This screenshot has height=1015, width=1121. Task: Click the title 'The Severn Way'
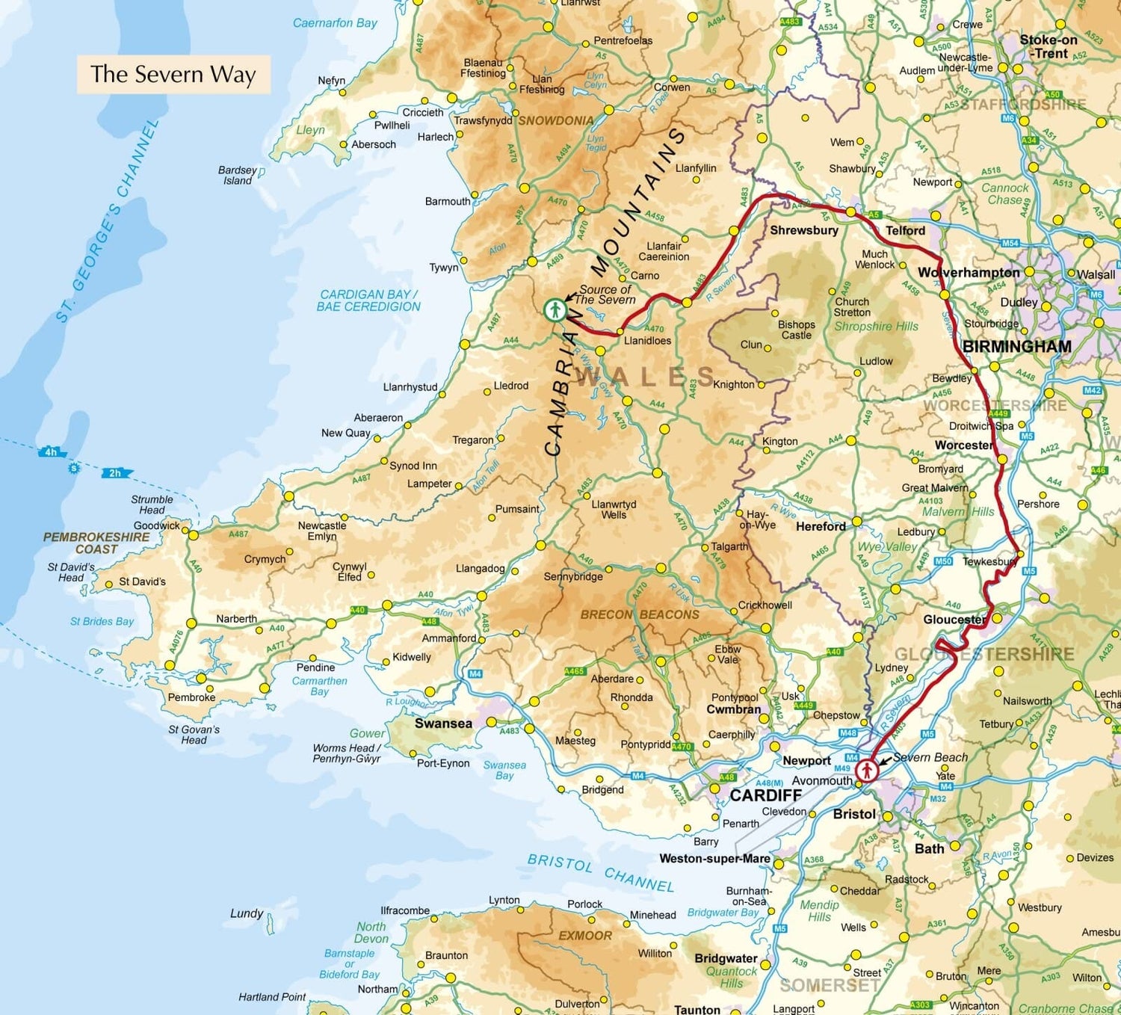(173, 74)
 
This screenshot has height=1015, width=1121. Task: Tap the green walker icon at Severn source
(555, 309)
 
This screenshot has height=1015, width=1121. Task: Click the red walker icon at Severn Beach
(866, 769)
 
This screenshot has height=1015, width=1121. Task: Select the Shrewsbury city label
(804, 230)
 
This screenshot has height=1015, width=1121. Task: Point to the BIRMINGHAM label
(1016, 347)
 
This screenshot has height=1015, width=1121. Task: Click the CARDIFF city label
(766, 795)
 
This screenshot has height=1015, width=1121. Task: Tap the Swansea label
(443, 724)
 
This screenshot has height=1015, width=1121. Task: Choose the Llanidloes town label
(647, 341)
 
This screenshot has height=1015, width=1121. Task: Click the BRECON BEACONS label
(640, 614)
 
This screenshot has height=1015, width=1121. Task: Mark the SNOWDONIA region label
(556, 120)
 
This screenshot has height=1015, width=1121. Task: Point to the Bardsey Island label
(237, 176)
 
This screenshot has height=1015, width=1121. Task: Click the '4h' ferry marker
(51, 452)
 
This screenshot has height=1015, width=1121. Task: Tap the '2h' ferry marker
(115, 473)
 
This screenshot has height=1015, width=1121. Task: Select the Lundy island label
(247, 913)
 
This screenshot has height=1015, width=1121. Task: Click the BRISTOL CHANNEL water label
(601, 873)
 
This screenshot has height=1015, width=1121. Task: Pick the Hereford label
(821, 526)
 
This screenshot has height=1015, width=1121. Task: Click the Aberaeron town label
(378, 418)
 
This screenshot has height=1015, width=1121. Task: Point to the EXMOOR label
(585, 936)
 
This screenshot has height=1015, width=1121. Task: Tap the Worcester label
(964, 445)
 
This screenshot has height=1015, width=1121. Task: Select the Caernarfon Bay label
(335, 23)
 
